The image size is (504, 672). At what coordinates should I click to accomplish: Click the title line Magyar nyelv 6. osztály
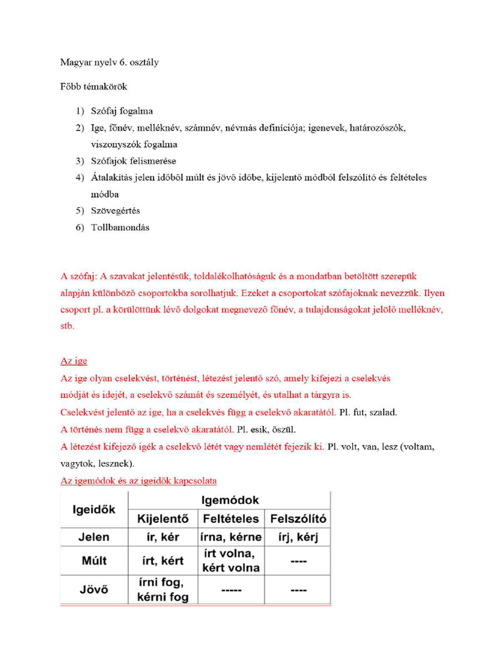click(109, 62)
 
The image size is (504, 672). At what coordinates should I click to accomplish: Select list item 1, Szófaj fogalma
click(121, 111)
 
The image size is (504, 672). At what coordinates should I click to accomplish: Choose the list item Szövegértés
click(115, 211)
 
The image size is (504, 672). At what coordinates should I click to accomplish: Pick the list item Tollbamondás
click(120, 228)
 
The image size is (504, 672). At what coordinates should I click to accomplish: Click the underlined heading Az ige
click(73, 361)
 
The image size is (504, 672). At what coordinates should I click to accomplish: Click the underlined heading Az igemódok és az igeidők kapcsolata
click(138, 481)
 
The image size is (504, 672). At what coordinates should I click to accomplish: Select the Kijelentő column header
click(163, 519)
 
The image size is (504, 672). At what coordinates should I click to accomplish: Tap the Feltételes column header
click(230, 519)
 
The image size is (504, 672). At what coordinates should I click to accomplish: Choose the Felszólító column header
click(298, 519)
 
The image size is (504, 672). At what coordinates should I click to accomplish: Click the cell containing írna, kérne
click(230, 537)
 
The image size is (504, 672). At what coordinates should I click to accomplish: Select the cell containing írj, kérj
click(298, 537)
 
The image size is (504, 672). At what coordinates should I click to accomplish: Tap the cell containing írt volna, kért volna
click(230, 561)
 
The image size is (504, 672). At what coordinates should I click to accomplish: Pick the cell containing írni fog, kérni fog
click(163, 589)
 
